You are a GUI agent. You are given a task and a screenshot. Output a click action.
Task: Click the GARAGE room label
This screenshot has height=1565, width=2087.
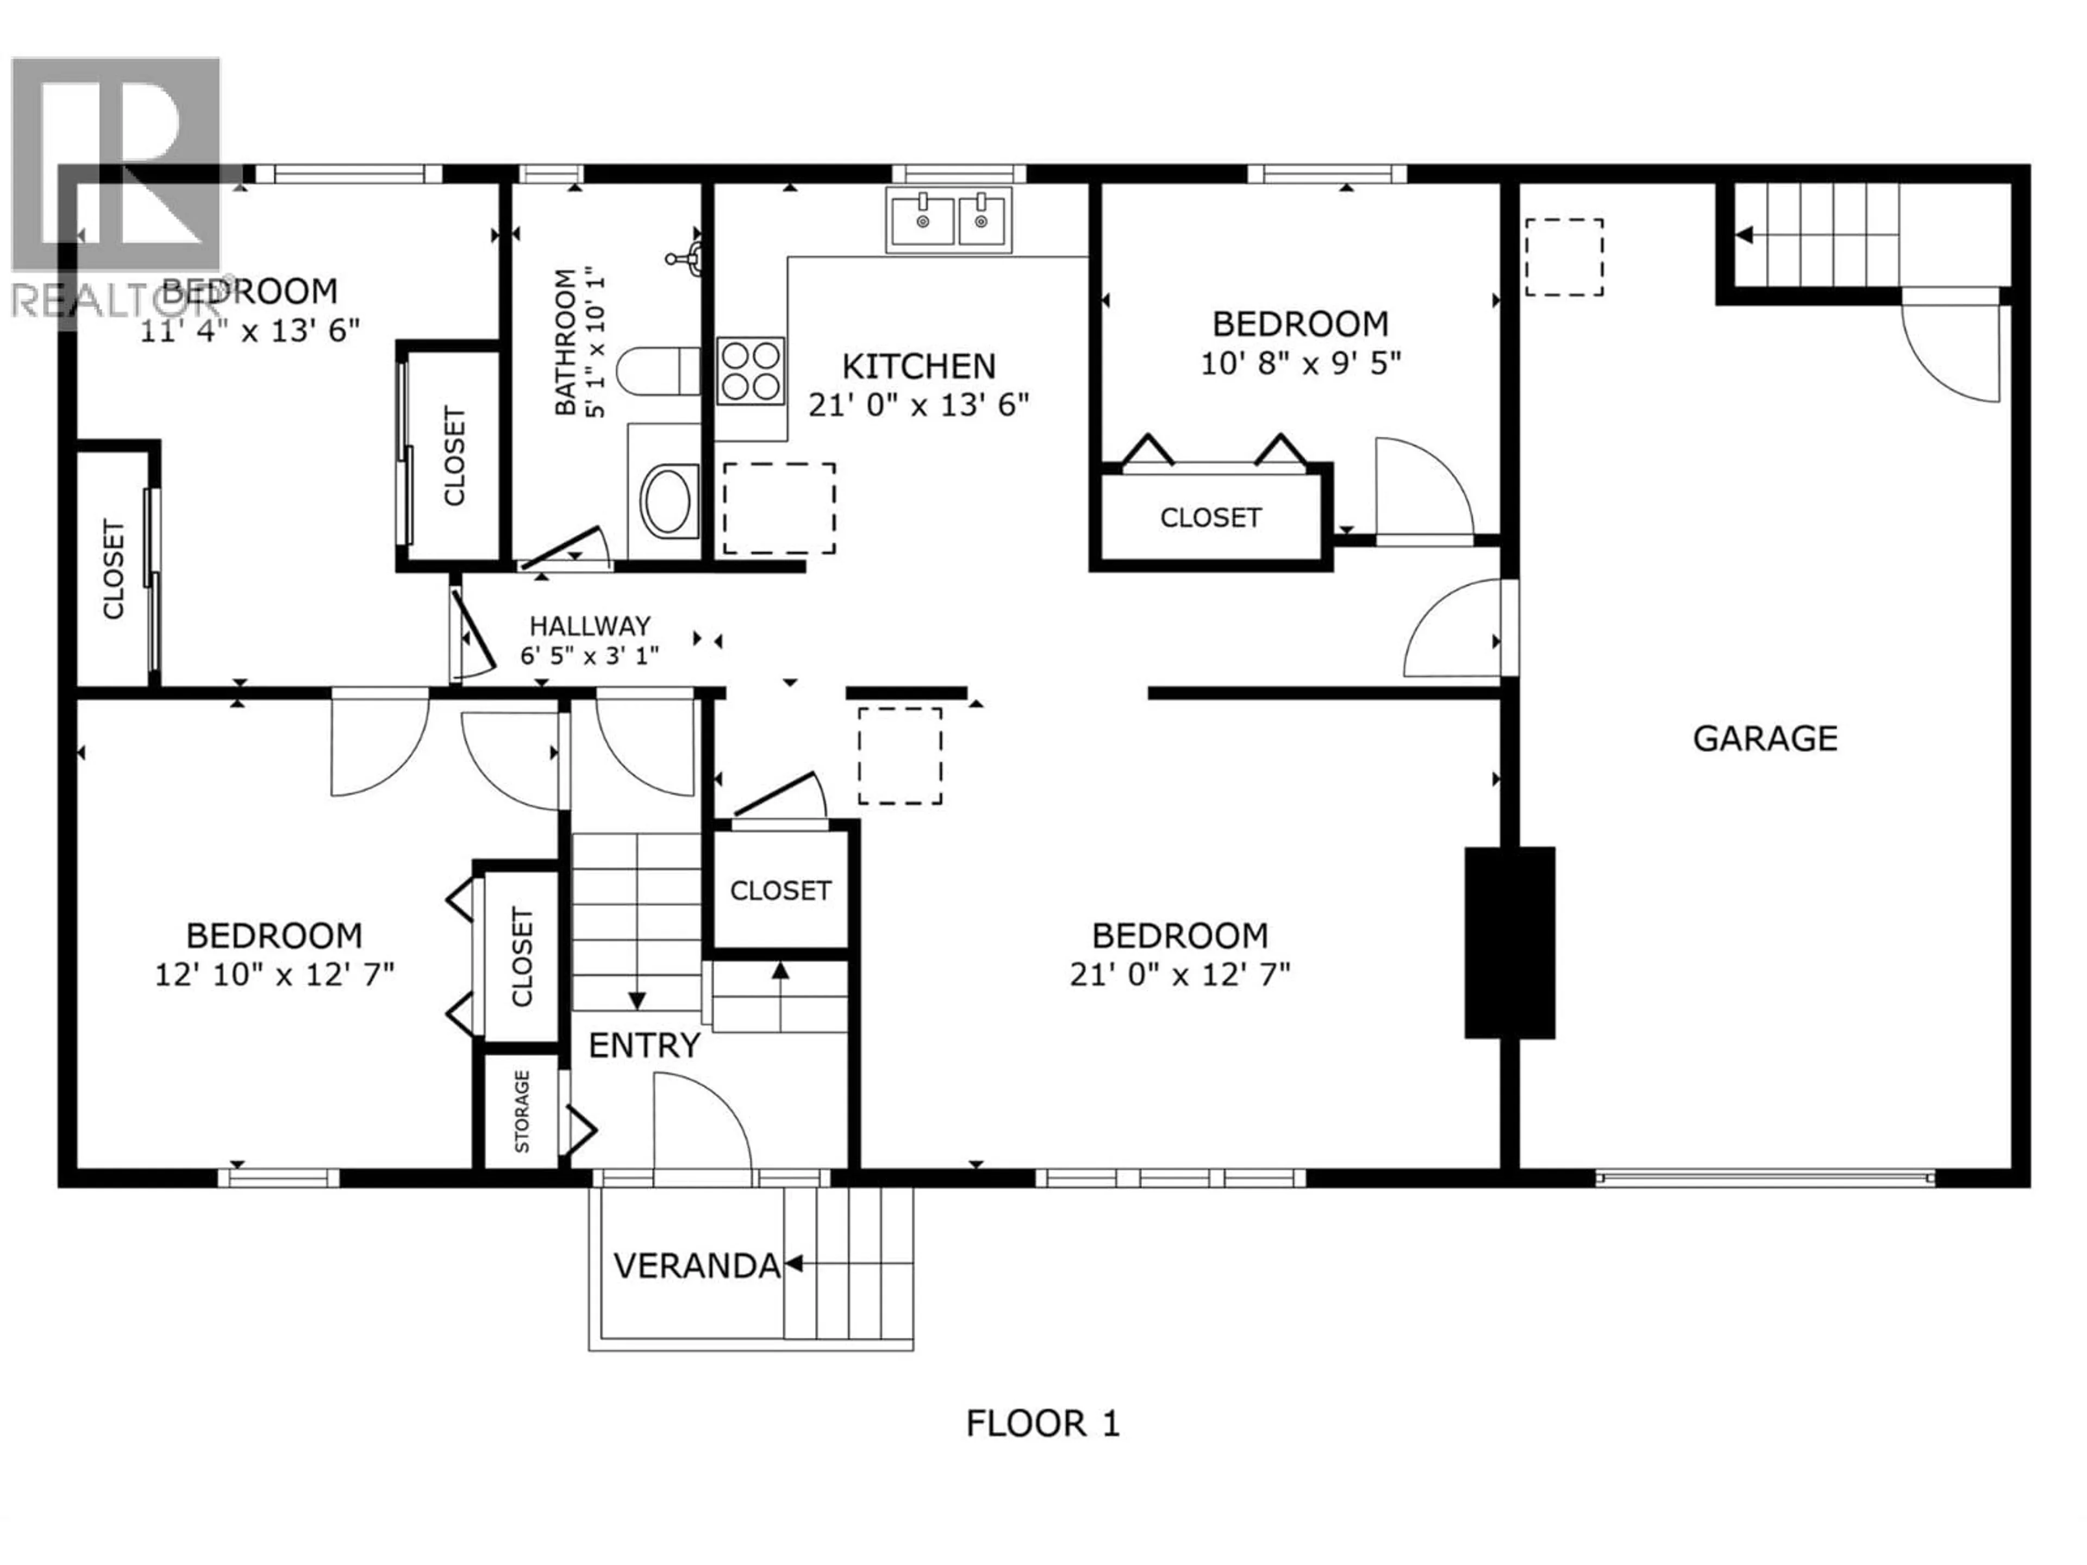tap(1764, 738)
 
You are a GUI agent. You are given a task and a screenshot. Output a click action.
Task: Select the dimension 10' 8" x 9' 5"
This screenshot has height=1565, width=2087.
tap(1300, 363)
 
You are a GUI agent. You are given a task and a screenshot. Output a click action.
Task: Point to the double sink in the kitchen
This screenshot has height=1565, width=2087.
tap(948, 220)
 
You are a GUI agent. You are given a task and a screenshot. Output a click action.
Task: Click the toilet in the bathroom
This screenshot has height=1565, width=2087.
tap(658, 371)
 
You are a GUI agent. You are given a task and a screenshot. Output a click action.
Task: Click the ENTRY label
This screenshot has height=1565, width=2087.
tap(645, 1045)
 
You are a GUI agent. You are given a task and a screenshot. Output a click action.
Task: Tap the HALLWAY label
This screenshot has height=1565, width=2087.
tap(590, 625)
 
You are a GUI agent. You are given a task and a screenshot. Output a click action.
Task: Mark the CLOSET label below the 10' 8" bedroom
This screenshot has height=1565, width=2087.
tap(1210, 517)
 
